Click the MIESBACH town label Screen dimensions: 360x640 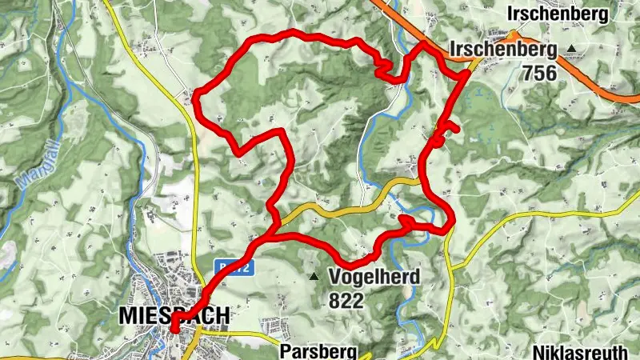pyautogui.click(x=174, y=315)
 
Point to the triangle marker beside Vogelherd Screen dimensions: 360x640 pyautogui.click(x=314, y=278)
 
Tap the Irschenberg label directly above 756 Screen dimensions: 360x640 pyautogui.click(x=503, y=50)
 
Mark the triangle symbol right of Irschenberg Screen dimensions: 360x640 pyautogui.click(x=571, y=50)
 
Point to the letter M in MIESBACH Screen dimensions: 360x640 pyautogui.click(x=127, y=315)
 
